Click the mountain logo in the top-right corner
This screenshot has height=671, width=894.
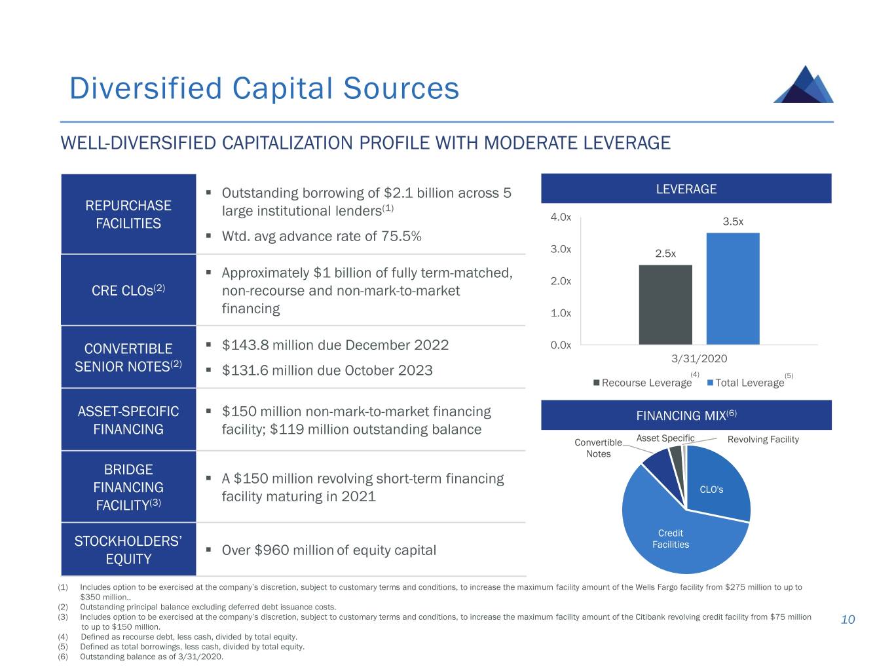804,85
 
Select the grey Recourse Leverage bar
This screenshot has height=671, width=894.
665,304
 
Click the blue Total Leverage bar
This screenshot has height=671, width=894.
732,288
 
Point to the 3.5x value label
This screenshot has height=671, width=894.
733,221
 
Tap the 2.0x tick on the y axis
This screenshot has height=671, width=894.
561,281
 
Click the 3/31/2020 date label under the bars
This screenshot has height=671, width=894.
699,358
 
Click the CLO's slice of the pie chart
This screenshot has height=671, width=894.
717,485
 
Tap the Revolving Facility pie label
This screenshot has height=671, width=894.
763,439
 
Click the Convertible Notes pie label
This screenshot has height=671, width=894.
598,448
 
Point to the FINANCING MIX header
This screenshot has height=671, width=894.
686,415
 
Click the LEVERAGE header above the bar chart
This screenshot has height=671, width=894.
686,189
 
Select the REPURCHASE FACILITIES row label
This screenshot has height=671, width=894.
128,214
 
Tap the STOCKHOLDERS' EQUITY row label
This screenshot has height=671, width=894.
128,550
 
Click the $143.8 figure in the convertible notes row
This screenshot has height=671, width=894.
245,345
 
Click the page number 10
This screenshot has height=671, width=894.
847,620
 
